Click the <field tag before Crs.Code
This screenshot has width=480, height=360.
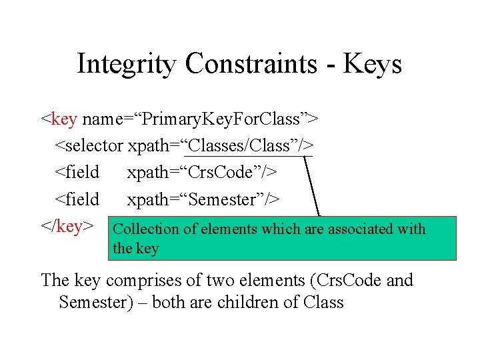point(77,172)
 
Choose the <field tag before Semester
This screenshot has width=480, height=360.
point(77,199)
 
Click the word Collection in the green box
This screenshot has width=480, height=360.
point(146,229)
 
